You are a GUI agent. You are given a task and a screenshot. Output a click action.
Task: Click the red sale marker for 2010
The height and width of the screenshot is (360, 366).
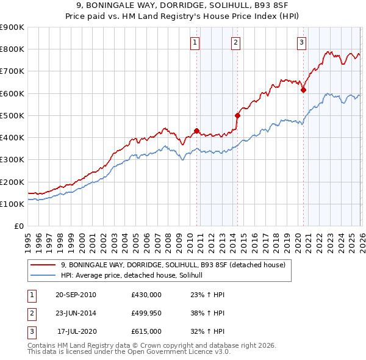(x=196, y=131)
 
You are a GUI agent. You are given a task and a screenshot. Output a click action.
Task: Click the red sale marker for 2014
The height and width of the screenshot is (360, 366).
(x=237, y=115)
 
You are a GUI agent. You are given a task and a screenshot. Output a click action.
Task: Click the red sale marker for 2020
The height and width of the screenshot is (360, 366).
(x=303, y=90)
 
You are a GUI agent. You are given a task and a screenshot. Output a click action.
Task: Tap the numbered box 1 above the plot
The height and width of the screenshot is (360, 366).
(x=195, y=42)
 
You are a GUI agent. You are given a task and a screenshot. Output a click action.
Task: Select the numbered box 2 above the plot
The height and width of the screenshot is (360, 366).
(x=235, y=42)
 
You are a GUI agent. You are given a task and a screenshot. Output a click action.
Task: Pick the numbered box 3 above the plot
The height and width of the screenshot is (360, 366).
(x=301, y=42)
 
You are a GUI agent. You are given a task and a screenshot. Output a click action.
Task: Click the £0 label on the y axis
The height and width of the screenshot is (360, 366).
(x=18, y=226)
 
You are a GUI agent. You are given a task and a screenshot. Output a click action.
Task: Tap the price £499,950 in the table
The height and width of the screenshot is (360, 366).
(x=146, y=313)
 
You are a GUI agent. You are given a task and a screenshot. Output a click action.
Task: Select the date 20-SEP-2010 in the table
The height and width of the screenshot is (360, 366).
(x=76, y=295)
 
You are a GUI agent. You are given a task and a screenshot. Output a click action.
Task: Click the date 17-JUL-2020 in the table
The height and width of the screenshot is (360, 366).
(x=76, y=331)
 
